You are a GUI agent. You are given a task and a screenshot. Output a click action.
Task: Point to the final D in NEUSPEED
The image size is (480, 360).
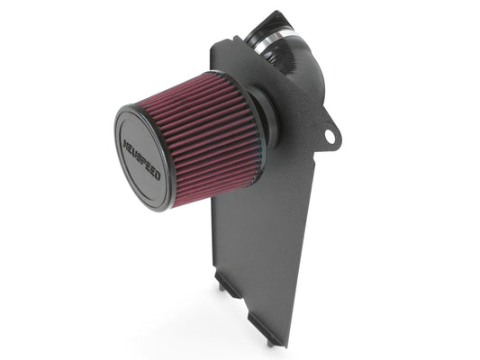158,174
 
